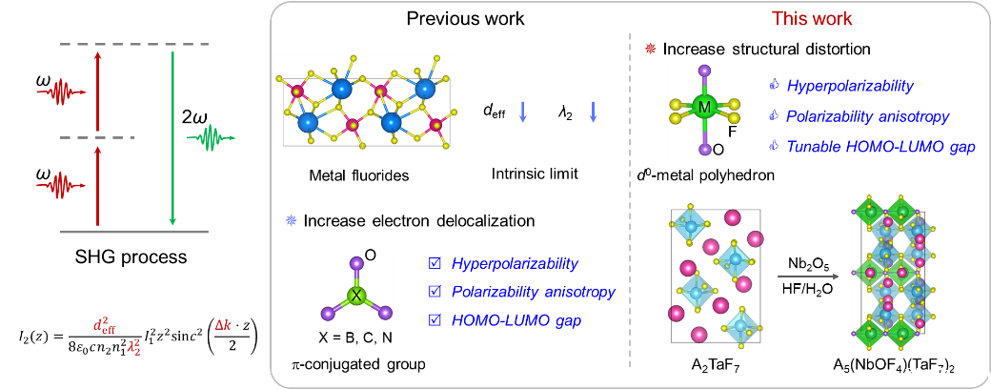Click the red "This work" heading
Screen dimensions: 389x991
point(812,19)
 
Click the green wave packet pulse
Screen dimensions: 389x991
point(211,139)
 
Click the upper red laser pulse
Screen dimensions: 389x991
point(61,92)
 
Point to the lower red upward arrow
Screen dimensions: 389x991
point(97,185)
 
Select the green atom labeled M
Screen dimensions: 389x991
point(704,108)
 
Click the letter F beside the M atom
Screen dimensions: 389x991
point(733,132)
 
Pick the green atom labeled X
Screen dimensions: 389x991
point(356,295)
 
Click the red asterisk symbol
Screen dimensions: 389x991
point(650,48)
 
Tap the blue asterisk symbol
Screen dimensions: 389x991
point(291,220)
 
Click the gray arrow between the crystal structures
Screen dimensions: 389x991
point(808,276)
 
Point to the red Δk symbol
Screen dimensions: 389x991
point(223,325)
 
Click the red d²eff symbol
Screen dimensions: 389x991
point(105,326)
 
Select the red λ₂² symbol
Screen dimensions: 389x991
point(134,346)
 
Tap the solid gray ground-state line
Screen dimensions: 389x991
point(133,231)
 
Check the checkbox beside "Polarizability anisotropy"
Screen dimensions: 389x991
point(435,292)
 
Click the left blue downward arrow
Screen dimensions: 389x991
point(522,112)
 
